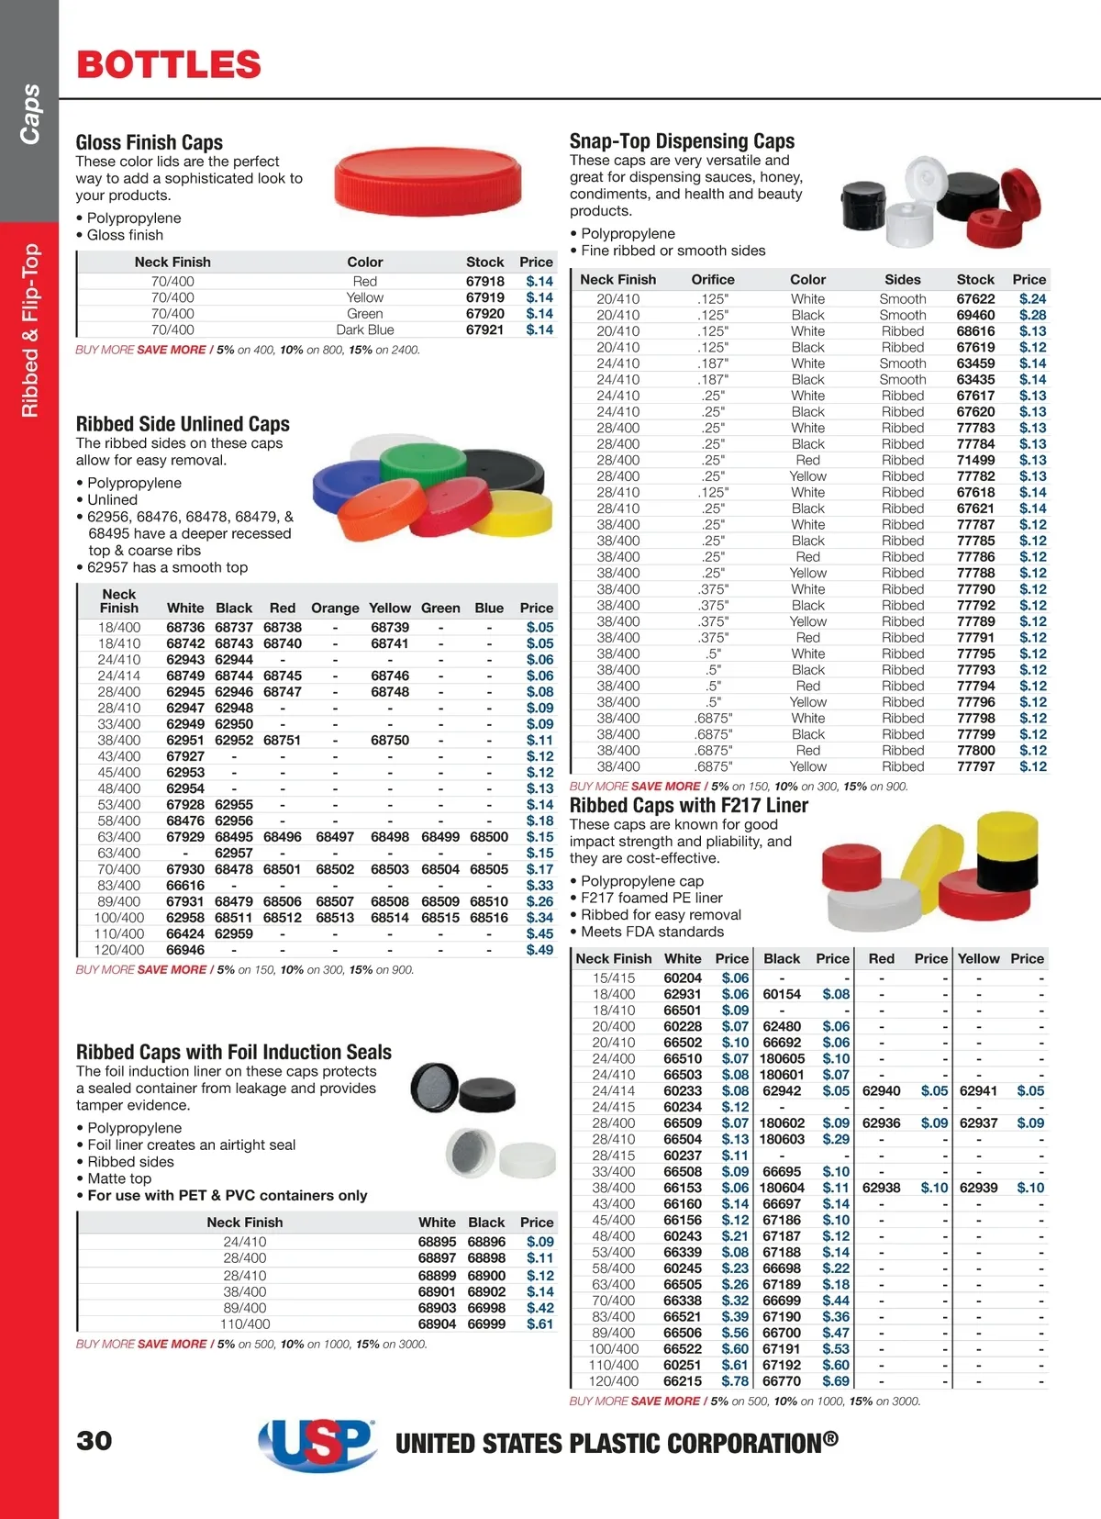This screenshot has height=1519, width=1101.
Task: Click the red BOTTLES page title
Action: (x=169, y=65)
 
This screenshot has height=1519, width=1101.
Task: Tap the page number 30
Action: (x=95, y=1440)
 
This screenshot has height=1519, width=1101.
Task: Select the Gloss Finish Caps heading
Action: (x=150, y=142)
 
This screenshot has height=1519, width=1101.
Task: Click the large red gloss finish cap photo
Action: (x=428, y=180)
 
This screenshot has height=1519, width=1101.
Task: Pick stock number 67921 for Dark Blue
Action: (x=484, y=329)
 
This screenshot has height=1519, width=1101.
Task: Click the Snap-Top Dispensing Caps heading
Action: (x=682, y=141)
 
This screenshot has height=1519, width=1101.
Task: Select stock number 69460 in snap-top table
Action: (x=975, y=315)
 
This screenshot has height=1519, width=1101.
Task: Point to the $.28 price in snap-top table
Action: (x=1032, y=315)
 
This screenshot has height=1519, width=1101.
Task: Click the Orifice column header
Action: (x=713, y=279)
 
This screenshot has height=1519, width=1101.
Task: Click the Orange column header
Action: (x=335, y=608)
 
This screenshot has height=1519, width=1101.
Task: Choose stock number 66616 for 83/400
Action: (x=185, y=886)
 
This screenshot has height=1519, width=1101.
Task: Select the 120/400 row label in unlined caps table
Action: (x=119, y=950)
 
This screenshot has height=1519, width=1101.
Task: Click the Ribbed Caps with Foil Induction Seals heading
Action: (x=234, y=1052)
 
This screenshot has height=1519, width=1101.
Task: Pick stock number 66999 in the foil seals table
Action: (x=486, y=1324)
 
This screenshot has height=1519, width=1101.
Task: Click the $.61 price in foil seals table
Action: (x=539, y=1324)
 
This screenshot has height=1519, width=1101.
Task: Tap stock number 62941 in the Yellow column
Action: (x=978, y=1091)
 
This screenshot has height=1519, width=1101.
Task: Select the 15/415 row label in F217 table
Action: (x=614, y=978)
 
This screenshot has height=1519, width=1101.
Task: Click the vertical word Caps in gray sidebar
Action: (x=30, y=114)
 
